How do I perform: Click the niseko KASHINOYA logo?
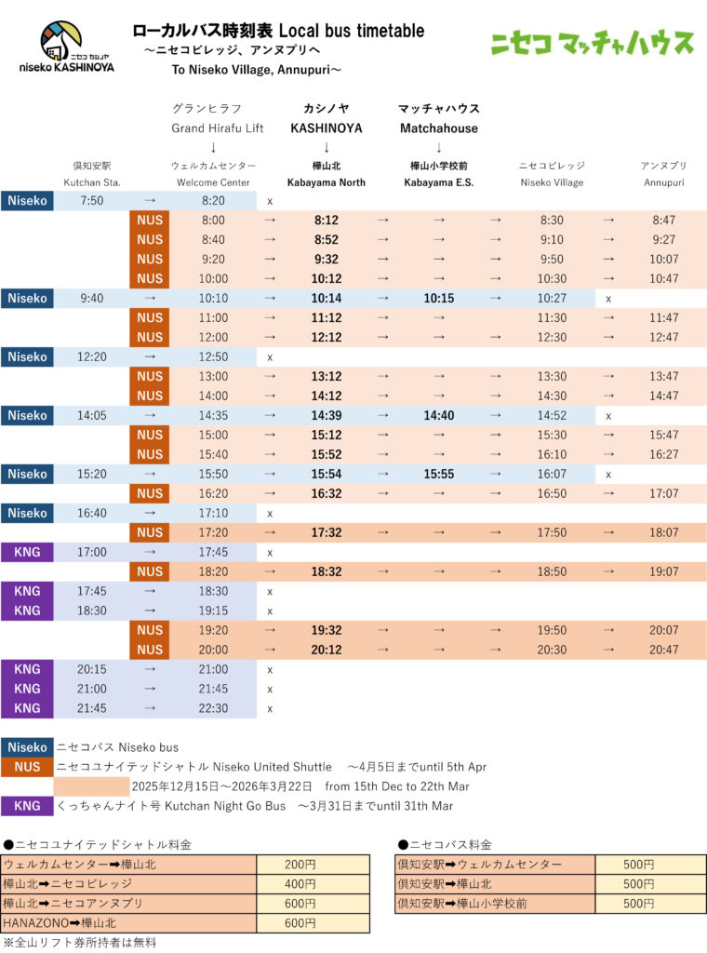[65, 47]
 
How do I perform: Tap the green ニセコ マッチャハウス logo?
[593, 43]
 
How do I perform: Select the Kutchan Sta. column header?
[92, 175]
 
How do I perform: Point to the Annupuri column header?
[663, 175]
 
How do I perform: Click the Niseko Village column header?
[552, 175]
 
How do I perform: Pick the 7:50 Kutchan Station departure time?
[92, 200]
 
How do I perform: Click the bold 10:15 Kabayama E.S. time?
[438, 298]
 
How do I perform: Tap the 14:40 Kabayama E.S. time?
[438, 415]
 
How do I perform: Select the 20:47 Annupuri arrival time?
[664, 650]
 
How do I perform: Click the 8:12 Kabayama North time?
[327, 220]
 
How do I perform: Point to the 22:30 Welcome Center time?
[213, 708]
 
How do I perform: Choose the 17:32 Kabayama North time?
[327, 532]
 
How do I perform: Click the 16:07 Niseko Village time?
[552, 474]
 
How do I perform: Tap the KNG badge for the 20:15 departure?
[28, 669]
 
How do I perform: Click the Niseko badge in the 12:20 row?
[28, 356]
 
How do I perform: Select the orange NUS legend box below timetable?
[28, 767]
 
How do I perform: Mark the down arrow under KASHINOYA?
[327, 147]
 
